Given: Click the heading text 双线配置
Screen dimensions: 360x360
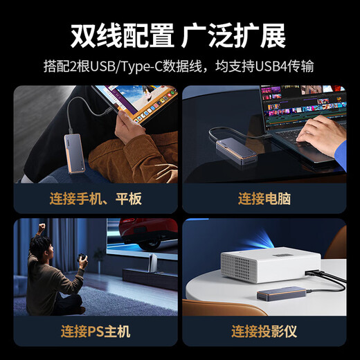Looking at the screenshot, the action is (123, 36).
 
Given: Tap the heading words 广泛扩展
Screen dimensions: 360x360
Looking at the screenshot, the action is (233, 36).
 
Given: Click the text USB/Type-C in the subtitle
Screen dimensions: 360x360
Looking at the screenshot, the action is (126, 66).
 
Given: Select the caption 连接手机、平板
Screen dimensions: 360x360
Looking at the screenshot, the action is (96, 199).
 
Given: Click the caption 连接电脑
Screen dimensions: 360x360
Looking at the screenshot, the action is (264, 199).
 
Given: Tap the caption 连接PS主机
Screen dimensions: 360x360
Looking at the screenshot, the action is (96, 332).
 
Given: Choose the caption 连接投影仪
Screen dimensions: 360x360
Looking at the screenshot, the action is (264, 332).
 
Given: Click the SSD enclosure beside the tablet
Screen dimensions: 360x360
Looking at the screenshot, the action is (74, 154).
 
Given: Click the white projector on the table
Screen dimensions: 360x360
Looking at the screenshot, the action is (271, 264).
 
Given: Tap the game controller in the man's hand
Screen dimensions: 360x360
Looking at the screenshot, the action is (82, 258).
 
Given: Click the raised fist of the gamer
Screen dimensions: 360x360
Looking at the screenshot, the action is (42, 226).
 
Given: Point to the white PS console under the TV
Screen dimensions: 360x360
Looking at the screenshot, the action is (151, 263).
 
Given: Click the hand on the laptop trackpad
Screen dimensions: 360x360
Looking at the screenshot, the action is (320, 134).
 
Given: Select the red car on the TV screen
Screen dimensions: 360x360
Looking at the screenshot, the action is (147, 233).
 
